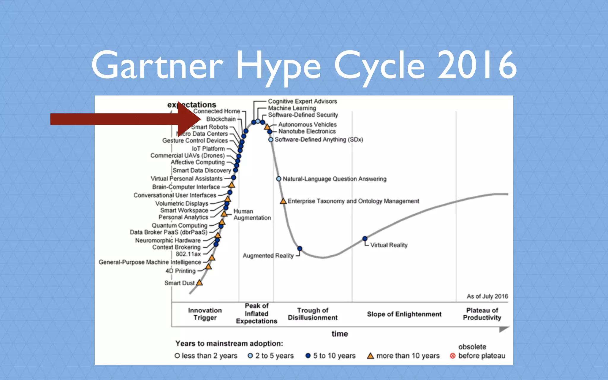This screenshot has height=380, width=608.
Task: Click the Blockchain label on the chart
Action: [x=221, y=119]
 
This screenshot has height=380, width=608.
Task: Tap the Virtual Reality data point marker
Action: [x=365, y=238]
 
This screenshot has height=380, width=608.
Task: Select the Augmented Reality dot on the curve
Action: [x=300, y=248]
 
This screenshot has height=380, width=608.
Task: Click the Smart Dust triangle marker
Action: [x=199, y=283]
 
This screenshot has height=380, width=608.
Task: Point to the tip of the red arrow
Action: [x=200, y=119]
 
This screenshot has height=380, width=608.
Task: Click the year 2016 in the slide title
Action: [x=477, y=65]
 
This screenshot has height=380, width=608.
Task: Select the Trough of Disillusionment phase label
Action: [x=313, y=314]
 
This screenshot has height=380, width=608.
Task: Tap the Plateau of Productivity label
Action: [x=482, y=314]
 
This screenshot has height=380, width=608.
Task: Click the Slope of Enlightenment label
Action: [x=404, y=314]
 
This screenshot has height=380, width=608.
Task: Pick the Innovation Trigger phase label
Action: [x=205, y=314]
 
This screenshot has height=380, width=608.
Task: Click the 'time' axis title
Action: [x=340, y=334]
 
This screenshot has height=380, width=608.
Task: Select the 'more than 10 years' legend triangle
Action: [x=370, y=356]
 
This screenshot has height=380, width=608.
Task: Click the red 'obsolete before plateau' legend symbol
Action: [x=452, y=356]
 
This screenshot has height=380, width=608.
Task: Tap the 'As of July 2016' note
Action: [x=487, y=296]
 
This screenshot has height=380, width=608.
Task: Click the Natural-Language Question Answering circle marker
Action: [x=278, y=179]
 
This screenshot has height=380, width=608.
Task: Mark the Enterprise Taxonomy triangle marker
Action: [x=283, y=201]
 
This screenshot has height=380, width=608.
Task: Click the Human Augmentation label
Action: [x=252, y=214]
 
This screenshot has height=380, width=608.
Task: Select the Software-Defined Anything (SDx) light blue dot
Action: [x=270, y=140]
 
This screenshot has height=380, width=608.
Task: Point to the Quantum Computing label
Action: [x=179, y=225]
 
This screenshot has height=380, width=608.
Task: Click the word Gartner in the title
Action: [x=157, y=65]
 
